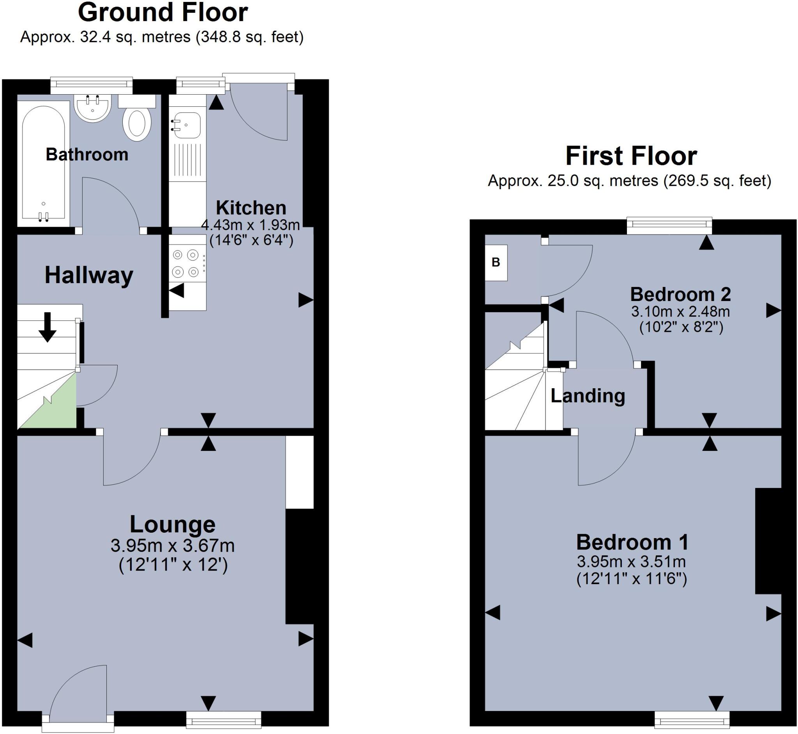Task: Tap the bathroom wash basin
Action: click(x=92, y=108)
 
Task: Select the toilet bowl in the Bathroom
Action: click(x=137, y=124)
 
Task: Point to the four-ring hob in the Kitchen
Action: click(x=185, y=263)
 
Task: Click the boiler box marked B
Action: click(x=496, y=262)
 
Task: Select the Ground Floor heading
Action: click(x=163, y=13)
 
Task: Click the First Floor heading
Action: click(x=631, y=156)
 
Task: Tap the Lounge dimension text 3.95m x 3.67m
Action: click(x=173, y=546)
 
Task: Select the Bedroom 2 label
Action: click(x=680, y=294)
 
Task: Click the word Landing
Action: click(x=588, y=396)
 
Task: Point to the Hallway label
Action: click(x=88, y=275)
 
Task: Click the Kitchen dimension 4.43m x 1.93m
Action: click(x=251, y=225)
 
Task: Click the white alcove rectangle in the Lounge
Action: click(x=300, y=472)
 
